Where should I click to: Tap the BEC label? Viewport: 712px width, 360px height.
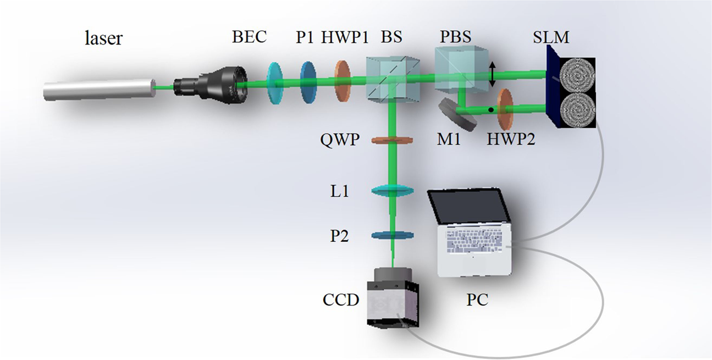[x=249, y=37]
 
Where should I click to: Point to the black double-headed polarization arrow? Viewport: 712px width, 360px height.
[x=493, y=74]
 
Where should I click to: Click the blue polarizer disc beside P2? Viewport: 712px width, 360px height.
[x=393, y=236]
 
